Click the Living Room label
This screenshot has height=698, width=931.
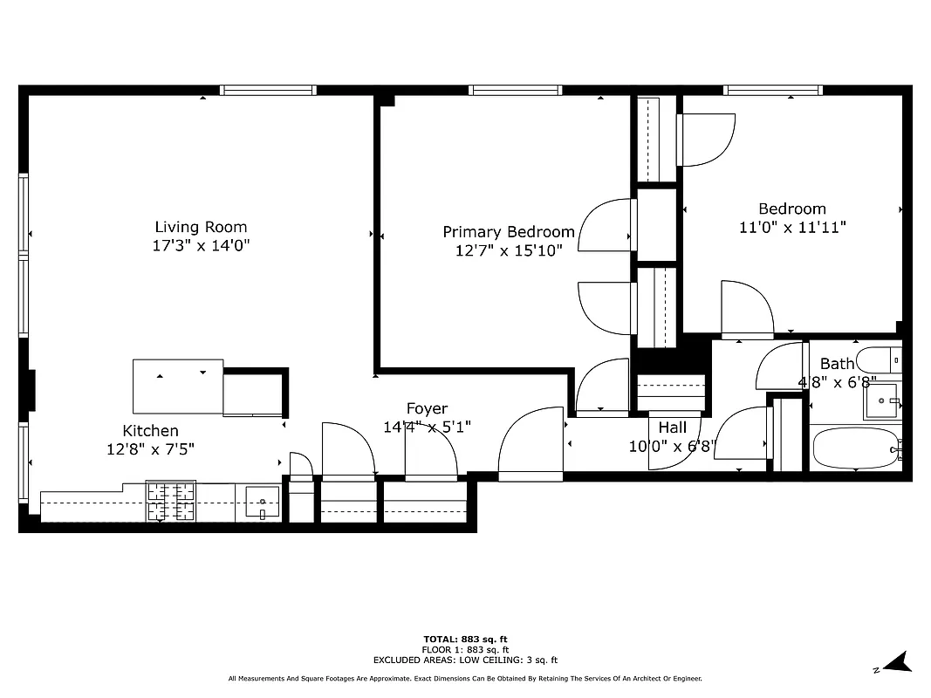(x=201, y=228)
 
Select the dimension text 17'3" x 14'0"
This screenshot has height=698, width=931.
(x=201, y=246)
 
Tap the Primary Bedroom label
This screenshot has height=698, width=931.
(x=508, y=232)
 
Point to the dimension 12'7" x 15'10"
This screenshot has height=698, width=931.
(x=508, y=250)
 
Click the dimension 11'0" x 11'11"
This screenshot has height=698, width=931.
(x=792, y=227)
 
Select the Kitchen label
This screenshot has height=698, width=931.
(x=150, y=430)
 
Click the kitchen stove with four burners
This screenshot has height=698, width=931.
(x=170, y=503)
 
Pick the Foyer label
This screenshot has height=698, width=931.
(x=427, y=408)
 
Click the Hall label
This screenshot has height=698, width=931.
(x=672, y=428)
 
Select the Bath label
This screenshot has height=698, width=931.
(x=837, y=364)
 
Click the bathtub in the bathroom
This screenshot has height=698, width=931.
(x=855, y=449)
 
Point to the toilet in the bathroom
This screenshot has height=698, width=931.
(x=878, y=359)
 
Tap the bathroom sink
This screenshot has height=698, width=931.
(x=881, y=401)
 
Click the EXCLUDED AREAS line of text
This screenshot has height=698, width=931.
(x=465, y=660)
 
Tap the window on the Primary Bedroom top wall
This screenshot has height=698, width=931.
(x=515, y=90)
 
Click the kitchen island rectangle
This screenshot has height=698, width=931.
(x=177, y=387)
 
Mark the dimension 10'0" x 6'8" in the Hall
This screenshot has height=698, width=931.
(x=672, y=446)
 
